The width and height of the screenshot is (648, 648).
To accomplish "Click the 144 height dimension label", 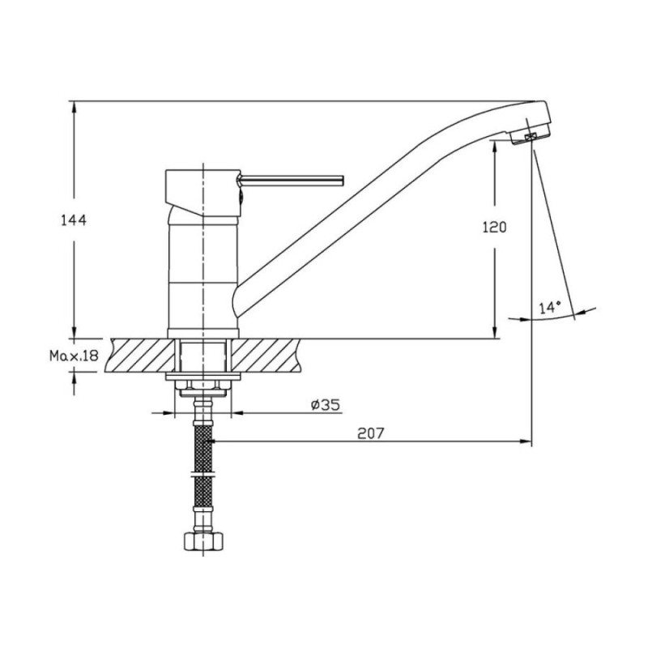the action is click(x=74, y=220).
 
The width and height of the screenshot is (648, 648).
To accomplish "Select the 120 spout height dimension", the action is click(x=494, y=227).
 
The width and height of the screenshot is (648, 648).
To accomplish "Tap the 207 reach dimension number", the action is click(x=371, y=433).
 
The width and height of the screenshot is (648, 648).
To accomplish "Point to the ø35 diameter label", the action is click(x=326, y=405).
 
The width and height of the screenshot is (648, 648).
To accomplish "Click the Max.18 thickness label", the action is click(x=74, y=355).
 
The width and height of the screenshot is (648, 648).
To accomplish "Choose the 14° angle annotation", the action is click(x=550, y=308).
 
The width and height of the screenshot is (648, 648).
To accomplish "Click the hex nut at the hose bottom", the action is click(x=203, y=541).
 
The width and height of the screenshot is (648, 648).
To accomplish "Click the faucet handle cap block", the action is click(x=203, y=192).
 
